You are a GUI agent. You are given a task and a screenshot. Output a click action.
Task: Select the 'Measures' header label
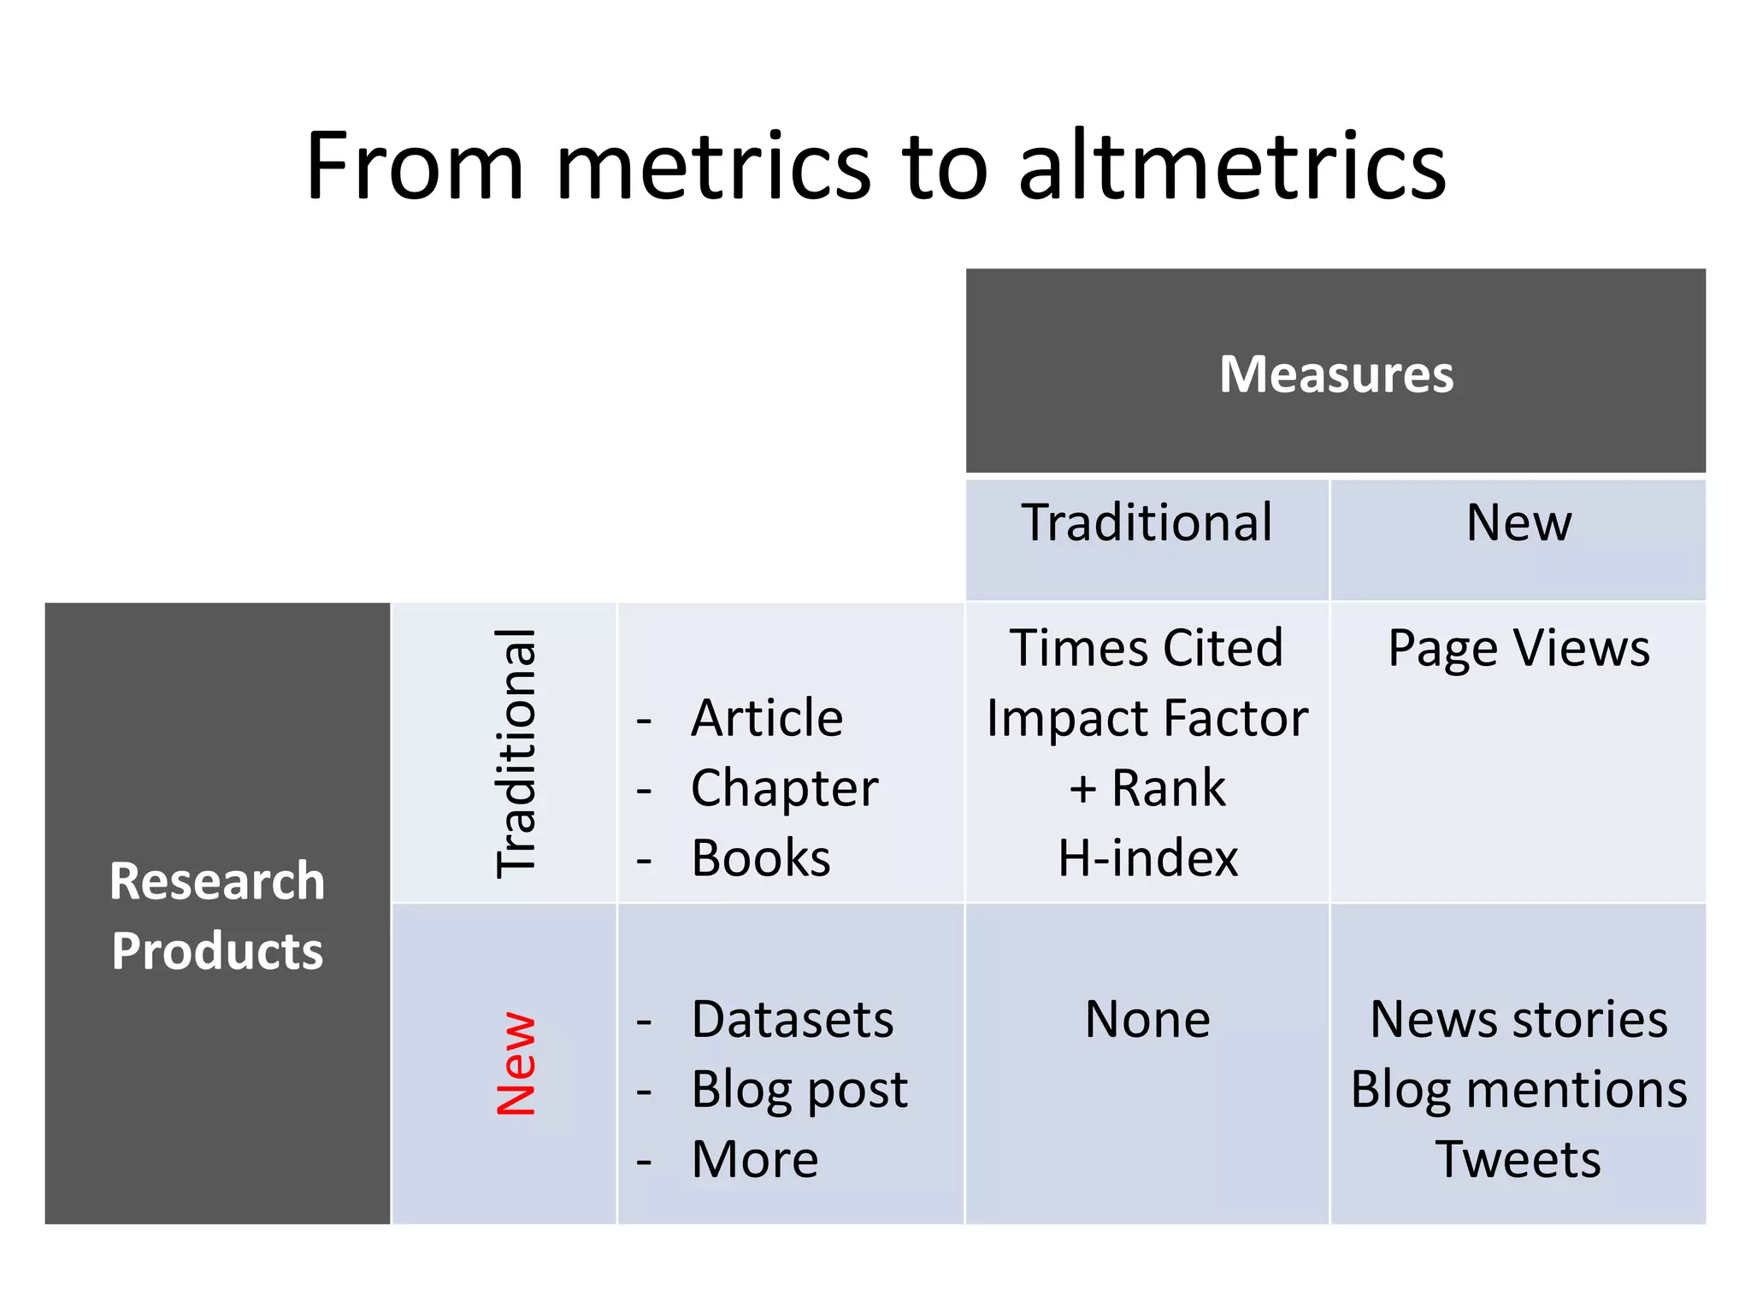click(1335, 374)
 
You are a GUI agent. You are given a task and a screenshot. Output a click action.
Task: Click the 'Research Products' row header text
click(217, 916)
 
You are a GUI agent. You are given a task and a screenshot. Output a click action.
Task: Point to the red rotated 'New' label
click(516, 1064)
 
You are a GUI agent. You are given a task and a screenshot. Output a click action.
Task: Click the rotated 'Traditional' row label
click(516, 752)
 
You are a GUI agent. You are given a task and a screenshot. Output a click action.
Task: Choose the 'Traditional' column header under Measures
click(1147, 522)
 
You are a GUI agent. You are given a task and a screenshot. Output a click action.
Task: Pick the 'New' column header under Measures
click(1518, 522)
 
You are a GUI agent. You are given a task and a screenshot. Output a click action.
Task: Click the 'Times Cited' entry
click(1147, 647)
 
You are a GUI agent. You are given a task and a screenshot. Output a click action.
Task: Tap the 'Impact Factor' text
click(1147, 717)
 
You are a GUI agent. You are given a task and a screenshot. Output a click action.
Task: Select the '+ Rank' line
click(1147, 787)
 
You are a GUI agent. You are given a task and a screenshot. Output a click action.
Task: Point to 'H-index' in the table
click(1147, 857)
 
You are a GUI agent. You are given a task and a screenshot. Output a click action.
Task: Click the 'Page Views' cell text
click(1518, 649)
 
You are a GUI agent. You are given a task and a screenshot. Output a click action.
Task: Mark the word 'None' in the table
click(1147, 1019)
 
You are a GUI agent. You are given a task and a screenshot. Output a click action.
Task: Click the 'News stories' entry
click(1518, 1019)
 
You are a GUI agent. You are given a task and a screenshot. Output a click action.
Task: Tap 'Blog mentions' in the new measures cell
click(1518, 1090)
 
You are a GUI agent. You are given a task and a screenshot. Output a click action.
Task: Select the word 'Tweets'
click(1518, 1160)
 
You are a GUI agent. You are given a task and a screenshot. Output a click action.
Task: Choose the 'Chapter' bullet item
click(784, 788)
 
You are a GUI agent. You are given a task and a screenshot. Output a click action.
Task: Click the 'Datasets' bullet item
click(793, 1019)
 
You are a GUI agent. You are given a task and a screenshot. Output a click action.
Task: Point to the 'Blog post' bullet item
click(799, 1090)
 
